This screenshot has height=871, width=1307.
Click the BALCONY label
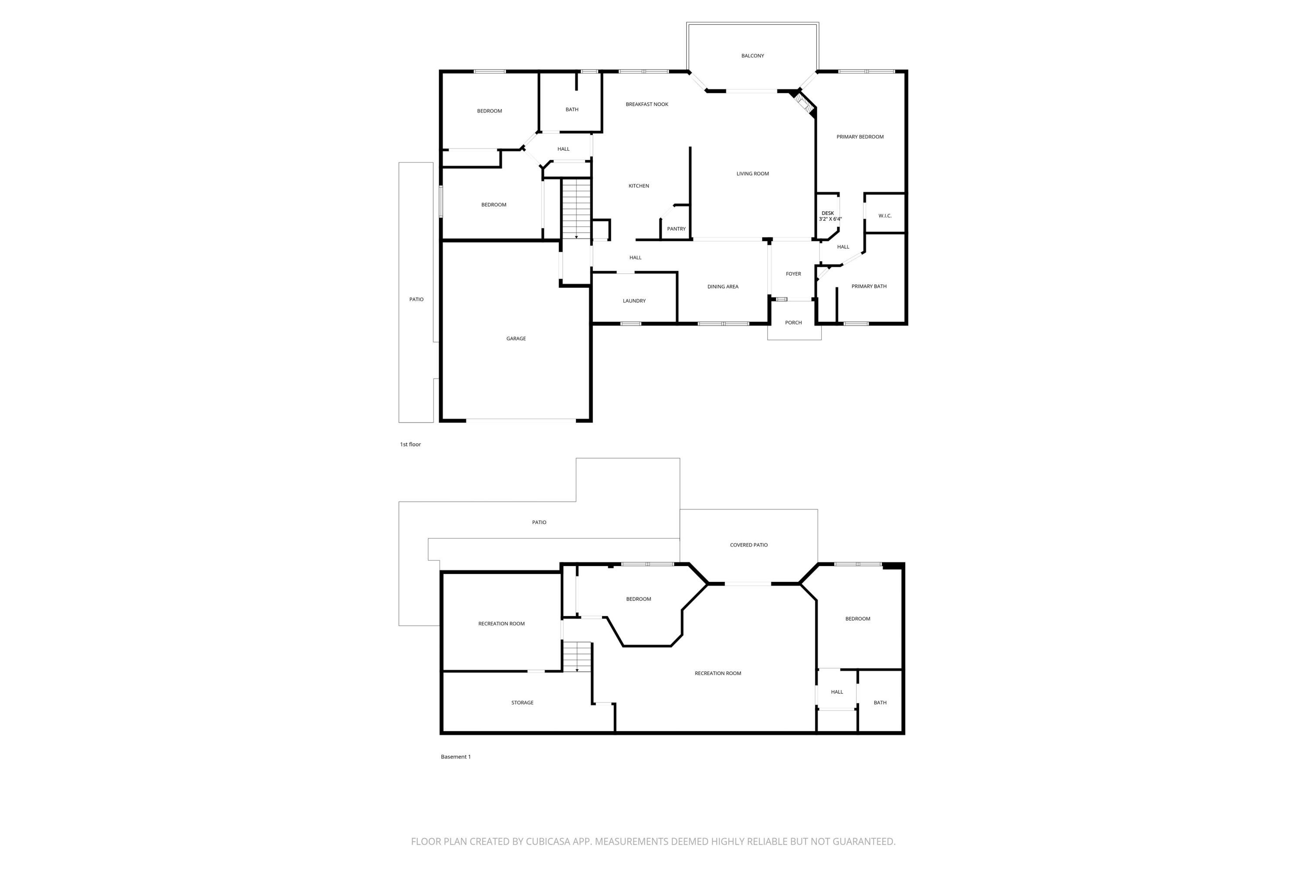[752, 56]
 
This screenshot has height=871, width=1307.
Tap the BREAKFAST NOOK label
[647, 105]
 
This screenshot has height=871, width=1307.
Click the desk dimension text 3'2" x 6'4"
[830, 219]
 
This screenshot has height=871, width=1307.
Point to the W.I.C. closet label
[885, 216]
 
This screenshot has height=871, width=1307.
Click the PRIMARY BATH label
[869, 287]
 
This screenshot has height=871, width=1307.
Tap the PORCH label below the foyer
[793, 323]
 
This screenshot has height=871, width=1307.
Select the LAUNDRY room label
[634, 301]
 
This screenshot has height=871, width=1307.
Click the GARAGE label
[516, 339]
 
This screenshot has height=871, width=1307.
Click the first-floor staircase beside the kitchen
[576, 208]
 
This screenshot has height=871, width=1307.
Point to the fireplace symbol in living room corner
[803, 104]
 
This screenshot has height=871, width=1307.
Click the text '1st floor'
[410, 444]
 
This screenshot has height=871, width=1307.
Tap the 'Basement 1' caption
[456, 756]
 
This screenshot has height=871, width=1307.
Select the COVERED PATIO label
[748, 545]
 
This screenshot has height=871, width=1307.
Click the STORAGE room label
[522, 703]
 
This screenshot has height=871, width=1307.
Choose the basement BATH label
[880, 703]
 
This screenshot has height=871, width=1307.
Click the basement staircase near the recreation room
[577, 657]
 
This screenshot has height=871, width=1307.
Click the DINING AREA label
[722, 287]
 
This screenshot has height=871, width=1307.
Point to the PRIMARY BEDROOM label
[860, 137]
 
